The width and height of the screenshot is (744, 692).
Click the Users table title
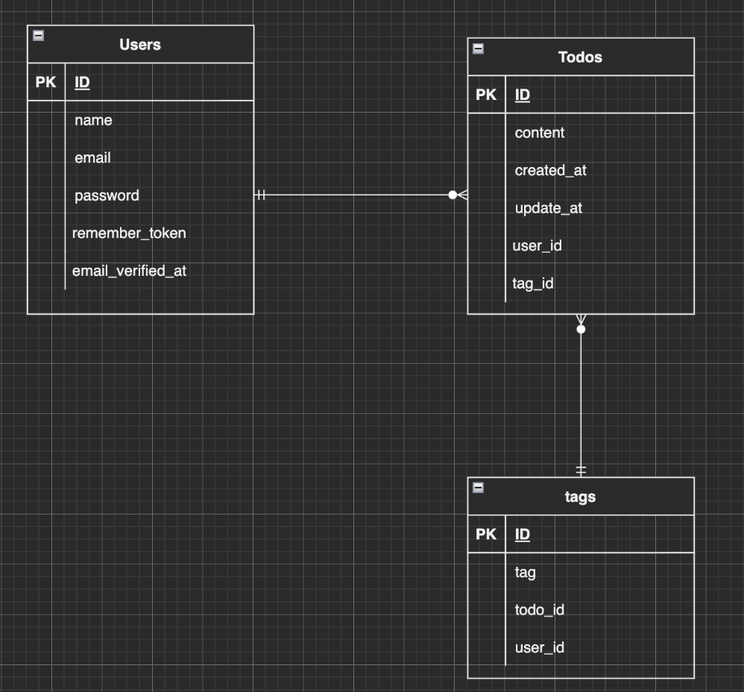[x=140, y=45]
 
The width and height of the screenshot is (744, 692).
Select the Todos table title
[x=580, y=57]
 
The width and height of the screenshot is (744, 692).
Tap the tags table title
[x=580, y=497]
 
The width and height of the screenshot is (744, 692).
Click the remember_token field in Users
[x=129, y=233]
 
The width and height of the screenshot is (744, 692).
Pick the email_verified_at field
[x=129, y=271]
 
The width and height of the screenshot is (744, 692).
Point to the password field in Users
[x=107, y=196]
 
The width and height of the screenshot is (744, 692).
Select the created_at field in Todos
[x=550, y=171]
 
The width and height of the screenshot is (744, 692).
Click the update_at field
[x=548, y=209]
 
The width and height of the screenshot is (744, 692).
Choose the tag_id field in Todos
[x=533, y=284]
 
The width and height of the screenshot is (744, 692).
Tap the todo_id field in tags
[x=539, y=611]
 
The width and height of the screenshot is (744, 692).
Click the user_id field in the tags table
[x=539, y=648]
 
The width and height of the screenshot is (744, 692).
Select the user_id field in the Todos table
[x=537, y=246]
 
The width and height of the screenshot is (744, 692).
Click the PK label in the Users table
[x=45, y=83]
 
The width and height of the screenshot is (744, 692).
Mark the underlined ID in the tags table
[x=523, y=535]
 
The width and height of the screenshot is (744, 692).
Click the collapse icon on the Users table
[x=39, y=35]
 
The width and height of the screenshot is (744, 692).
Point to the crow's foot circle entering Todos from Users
[x=453, y=195]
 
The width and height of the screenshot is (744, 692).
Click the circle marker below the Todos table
[x=581, y=329]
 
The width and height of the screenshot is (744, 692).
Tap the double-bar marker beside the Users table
[x=261, y=195]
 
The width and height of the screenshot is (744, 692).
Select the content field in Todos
[x=539, y=133]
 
